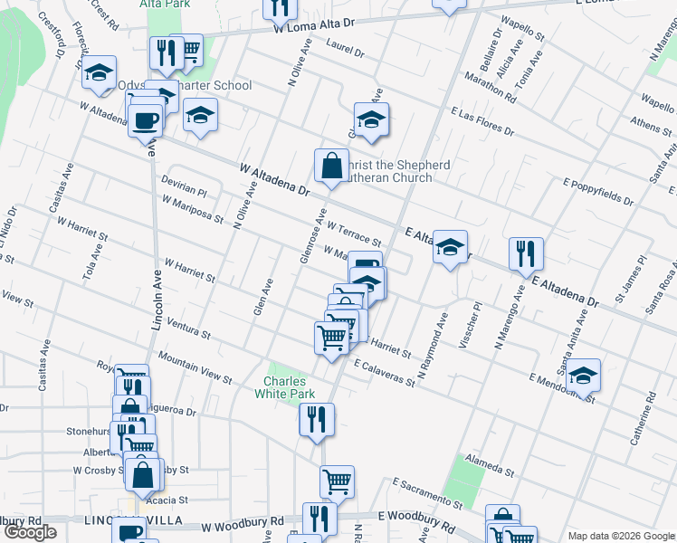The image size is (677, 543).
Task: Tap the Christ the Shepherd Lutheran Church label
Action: point(394,171)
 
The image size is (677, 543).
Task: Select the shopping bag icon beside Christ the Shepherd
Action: point(332,167)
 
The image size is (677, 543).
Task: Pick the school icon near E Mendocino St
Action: point(584,375)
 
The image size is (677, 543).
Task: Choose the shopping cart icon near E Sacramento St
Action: point(337,482)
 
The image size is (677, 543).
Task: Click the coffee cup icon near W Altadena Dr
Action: point(145,119)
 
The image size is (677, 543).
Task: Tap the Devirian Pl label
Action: point(185,186)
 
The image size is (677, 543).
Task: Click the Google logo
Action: point(30,532)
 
